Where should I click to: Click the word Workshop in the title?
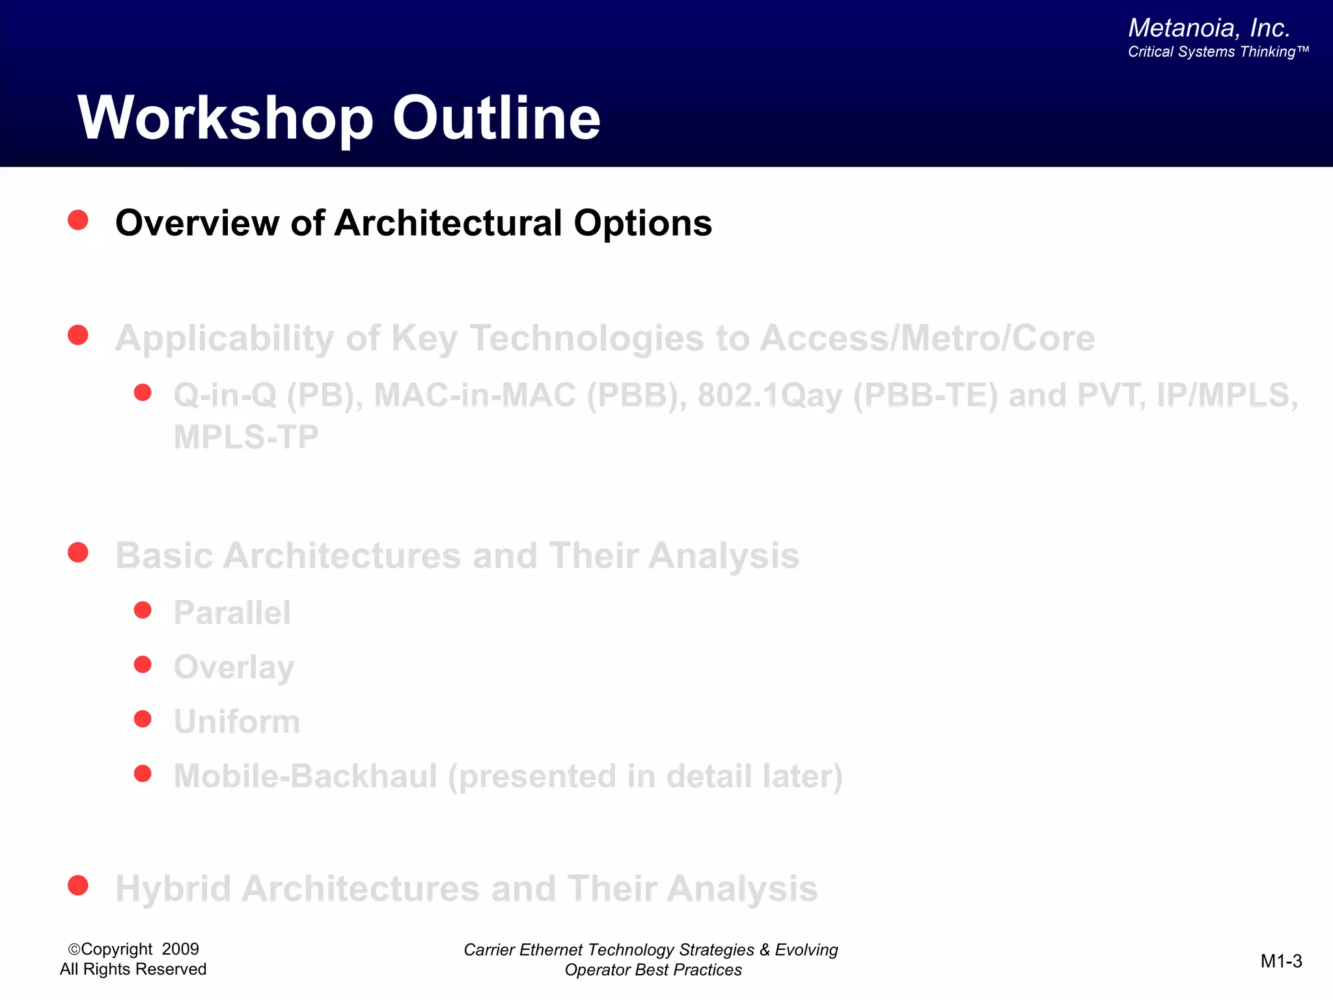(x=225, y=118)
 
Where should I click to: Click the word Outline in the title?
(x=496, y=118)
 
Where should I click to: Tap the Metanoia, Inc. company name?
(x=1209, y=28)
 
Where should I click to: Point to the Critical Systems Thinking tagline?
(x=1218, y=52)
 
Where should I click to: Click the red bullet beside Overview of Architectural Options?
(x=78, y=220)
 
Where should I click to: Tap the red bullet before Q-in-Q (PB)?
(x=143, y=393)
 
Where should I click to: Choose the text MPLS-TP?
(x=246, y=437)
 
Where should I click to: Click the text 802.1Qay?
(x=770, y=396)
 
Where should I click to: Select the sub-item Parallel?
(x=232, y=613)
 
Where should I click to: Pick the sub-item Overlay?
(x=234, y=667)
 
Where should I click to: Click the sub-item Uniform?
(x=237, y=722)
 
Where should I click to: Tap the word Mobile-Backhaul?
(x=305, y=776)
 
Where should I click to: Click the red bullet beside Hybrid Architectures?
(x=78, y=885)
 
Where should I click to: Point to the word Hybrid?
(x=173, y=889)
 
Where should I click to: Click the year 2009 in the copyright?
(x=180, y=949)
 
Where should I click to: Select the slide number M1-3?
(x=1281, y=961)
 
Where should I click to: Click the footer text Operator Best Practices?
(x=653, y=970)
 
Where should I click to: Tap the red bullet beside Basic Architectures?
(x=78, y=553)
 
